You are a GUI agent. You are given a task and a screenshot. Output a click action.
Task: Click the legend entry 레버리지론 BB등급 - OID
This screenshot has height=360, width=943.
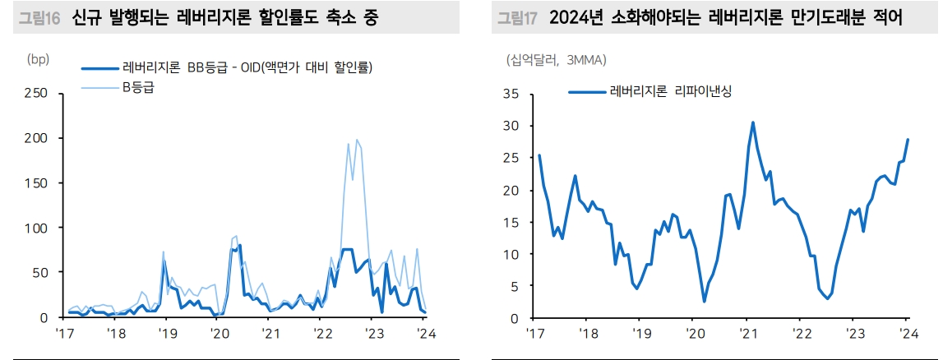247,68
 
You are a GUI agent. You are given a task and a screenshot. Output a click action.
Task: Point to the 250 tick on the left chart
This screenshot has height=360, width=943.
36,94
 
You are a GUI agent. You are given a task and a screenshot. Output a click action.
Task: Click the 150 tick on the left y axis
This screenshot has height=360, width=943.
36,182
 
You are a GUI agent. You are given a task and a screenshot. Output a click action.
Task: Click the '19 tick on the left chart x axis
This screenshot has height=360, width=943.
168,333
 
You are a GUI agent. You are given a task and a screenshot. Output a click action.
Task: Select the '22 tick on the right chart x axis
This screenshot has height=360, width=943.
801,333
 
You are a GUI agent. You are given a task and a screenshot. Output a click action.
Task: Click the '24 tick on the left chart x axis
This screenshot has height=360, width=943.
425,333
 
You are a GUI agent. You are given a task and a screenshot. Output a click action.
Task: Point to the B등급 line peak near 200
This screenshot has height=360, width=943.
357,140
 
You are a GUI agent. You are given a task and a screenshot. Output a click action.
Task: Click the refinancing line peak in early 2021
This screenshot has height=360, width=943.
753,122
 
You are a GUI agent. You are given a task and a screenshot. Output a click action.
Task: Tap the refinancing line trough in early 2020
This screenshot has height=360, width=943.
704,302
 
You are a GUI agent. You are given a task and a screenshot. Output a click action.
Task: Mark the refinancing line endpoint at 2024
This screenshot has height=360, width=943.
908,140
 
